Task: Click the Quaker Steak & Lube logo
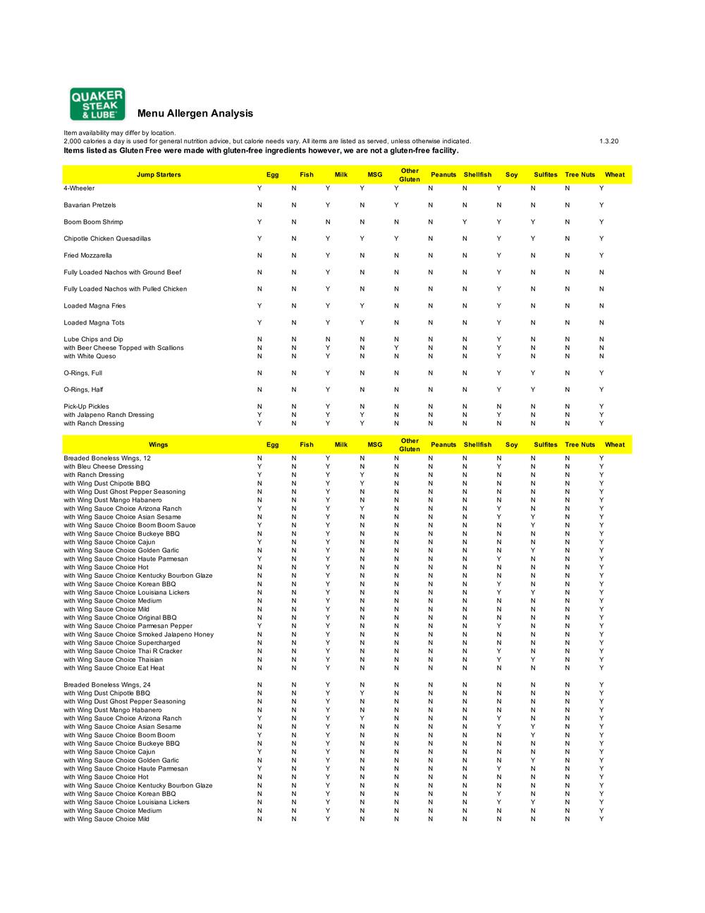pos(97,104)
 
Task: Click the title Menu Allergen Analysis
pos(195,114)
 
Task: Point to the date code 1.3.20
pos(609,141)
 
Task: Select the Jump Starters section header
pos(159,175)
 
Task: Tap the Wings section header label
pos(159,445)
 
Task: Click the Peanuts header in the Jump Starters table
pos(443,175)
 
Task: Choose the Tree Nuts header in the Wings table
pos(580,445)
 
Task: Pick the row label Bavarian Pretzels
pos(90,205)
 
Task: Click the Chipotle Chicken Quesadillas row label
pos(107,238)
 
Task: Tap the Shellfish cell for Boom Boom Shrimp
pos(465,222)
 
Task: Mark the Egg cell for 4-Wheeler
pos(259,188)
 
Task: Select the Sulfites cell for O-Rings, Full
pos(533,373)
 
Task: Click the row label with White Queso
pos(90,356)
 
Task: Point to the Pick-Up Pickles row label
pos(86,406)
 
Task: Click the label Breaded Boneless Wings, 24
pos(107,685)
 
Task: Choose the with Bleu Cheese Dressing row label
pos(104,466)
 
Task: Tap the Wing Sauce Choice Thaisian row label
pos(113,660)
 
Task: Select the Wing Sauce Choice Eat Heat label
pos(114,668)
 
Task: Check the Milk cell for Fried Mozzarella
pos(327,255)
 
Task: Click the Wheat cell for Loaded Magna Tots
pos(601,323)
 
